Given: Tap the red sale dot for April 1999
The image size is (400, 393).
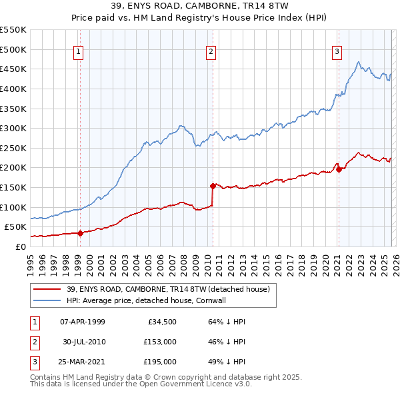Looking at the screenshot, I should tap(80, 233).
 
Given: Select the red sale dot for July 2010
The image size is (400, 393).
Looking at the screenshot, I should tap(213, 186).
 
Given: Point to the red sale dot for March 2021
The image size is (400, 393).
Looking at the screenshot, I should tap(339, 169).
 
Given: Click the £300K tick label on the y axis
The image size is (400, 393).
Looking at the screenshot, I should tap(13, 128).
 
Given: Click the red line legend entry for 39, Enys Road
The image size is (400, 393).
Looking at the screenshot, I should tap(167, 289).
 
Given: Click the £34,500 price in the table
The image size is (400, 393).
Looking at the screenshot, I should tap(161, 322).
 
